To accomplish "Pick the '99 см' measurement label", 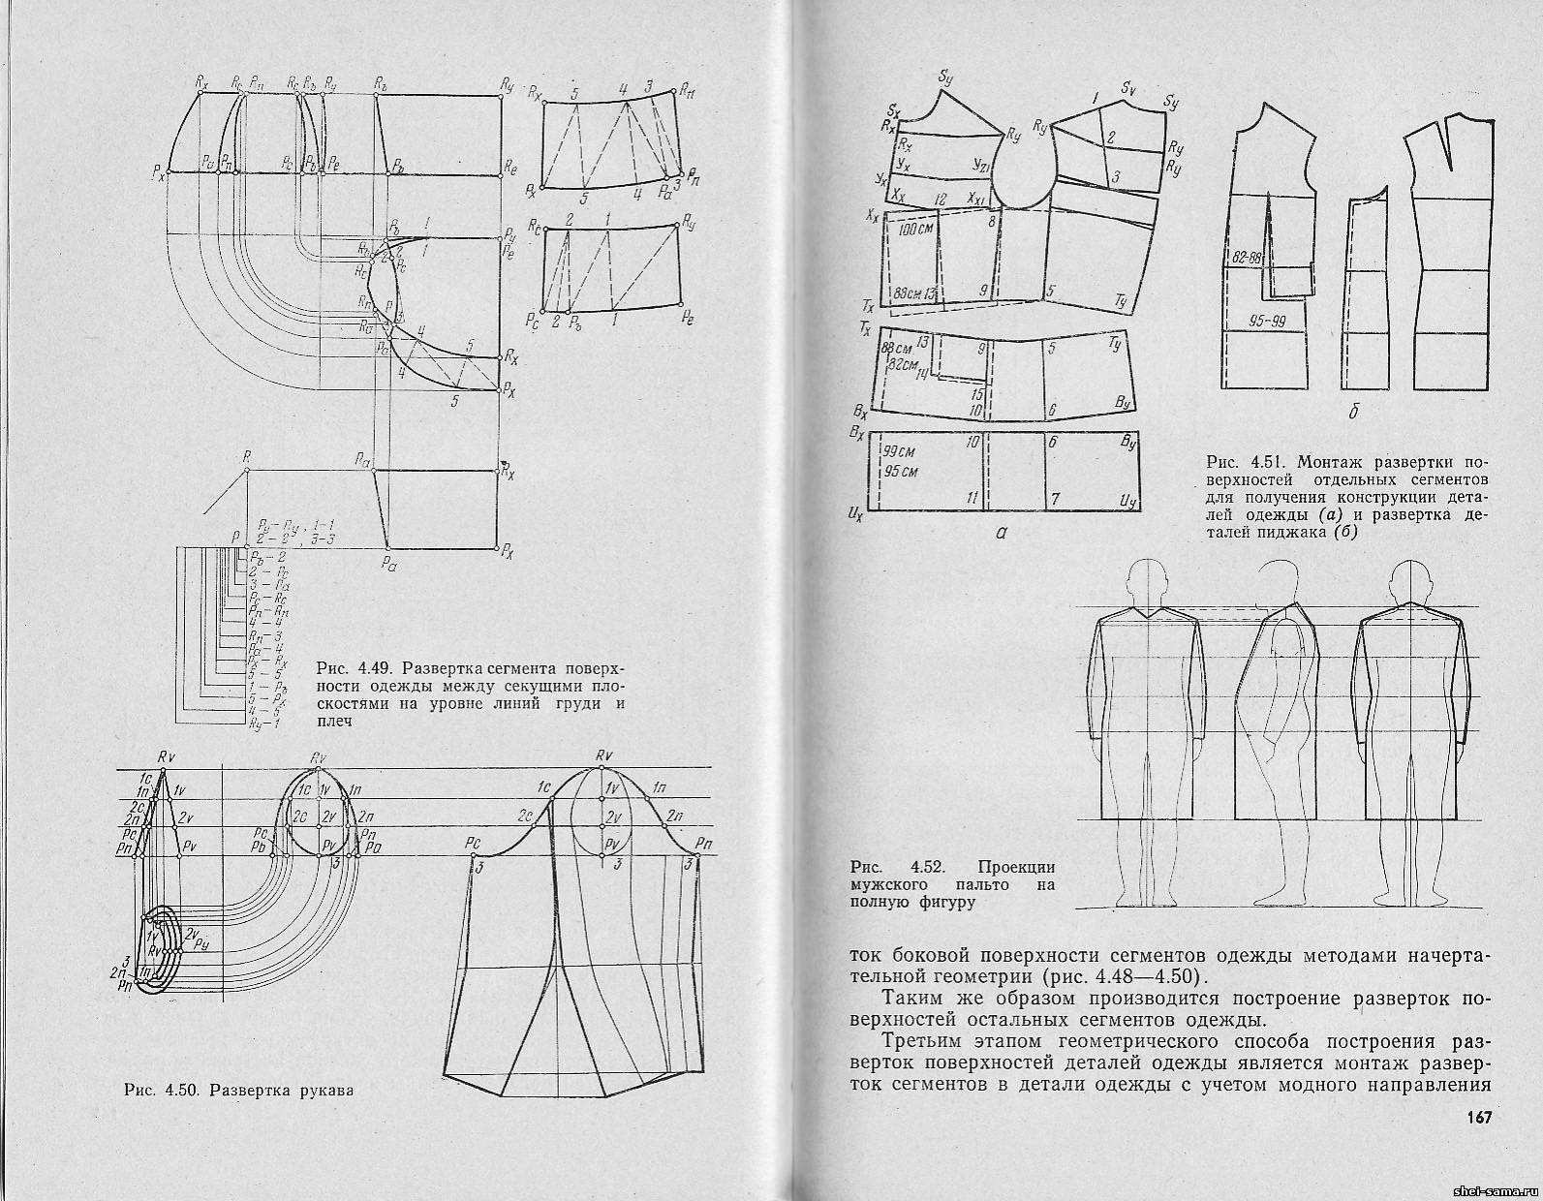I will [x=900, y=451].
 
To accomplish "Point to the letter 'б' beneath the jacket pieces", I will [x=1354, y=413].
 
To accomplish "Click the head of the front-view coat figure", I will [x=1147, y=583].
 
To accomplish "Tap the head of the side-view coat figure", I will [x=1281, y=583].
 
